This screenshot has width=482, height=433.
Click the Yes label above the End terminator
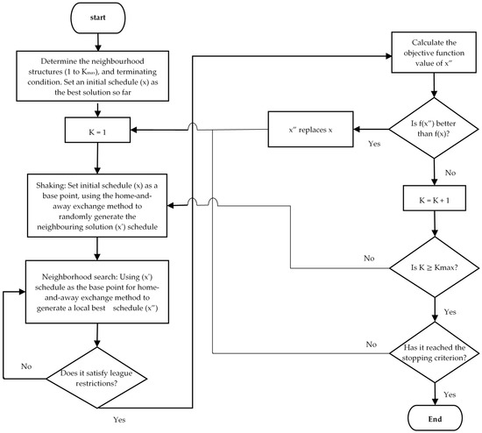(450, 394)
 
